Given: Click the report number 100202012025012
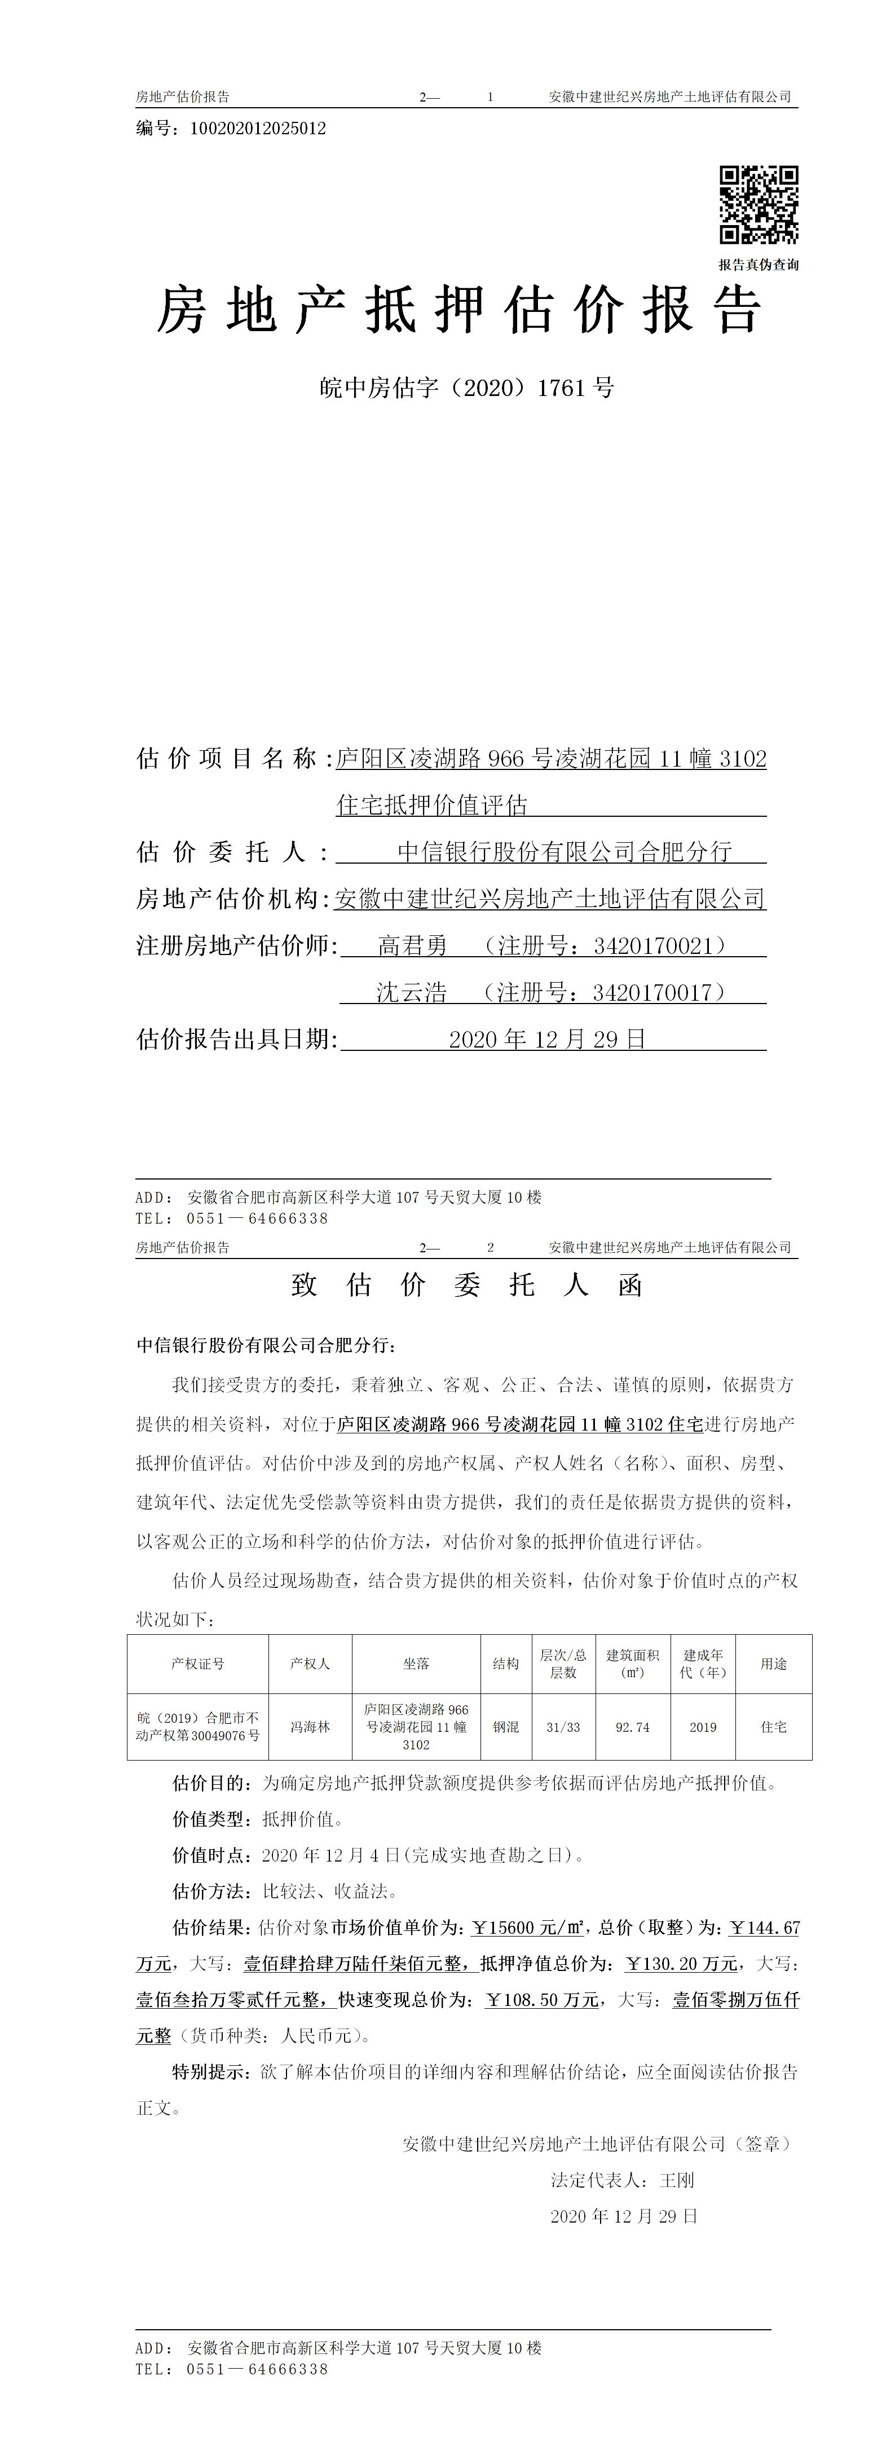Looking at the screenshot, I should [x=258, y=128].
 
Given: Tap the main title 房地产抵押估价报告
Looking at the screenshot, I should [x=459, y=311].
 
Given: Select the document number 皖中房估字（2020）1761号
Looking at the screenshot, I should [x=466, y=388].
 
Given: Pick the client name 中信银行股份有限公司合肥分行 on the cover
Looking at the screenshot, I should [x=564, y=851].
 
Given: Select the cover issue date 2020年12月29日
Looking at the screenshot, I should [x=548, y=1039].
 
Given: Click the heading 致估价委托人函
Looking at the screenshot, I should [x=466, y=1284].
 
